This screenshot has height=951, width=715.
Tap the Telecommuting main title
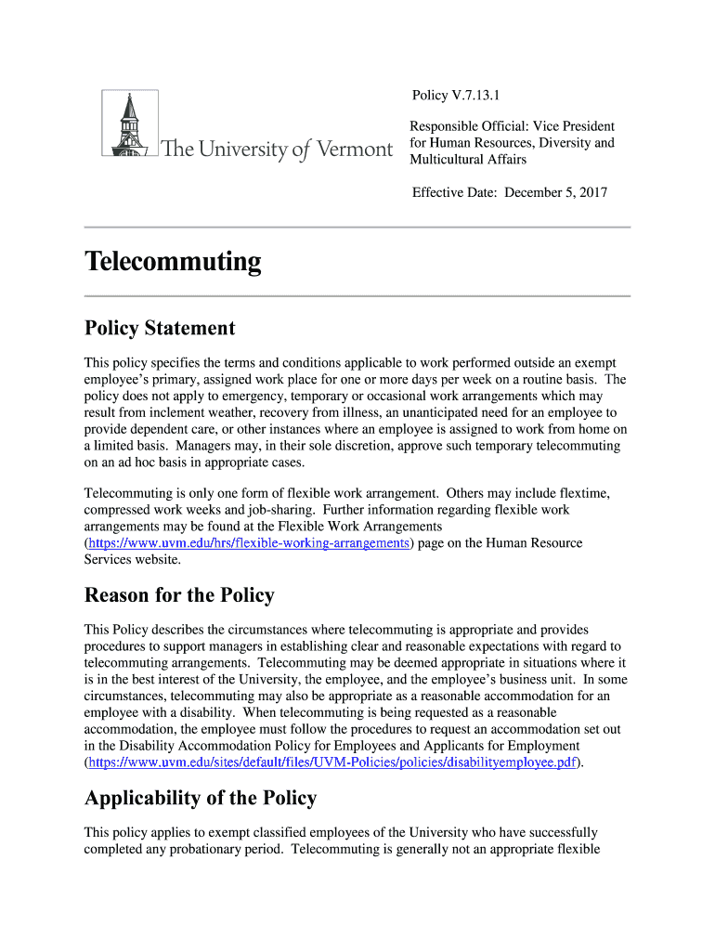point(173,262)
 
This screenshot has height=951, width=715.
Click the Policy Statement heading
point(160,328)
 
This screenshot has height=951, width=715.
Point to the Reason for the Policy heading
point(179,594)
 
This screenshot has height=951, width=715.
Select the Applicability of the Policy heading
point(201,798)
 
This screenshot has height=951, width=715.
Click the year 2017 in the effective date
point(591,193)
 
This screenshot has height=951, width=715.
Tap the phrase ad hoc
point(136,462)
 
